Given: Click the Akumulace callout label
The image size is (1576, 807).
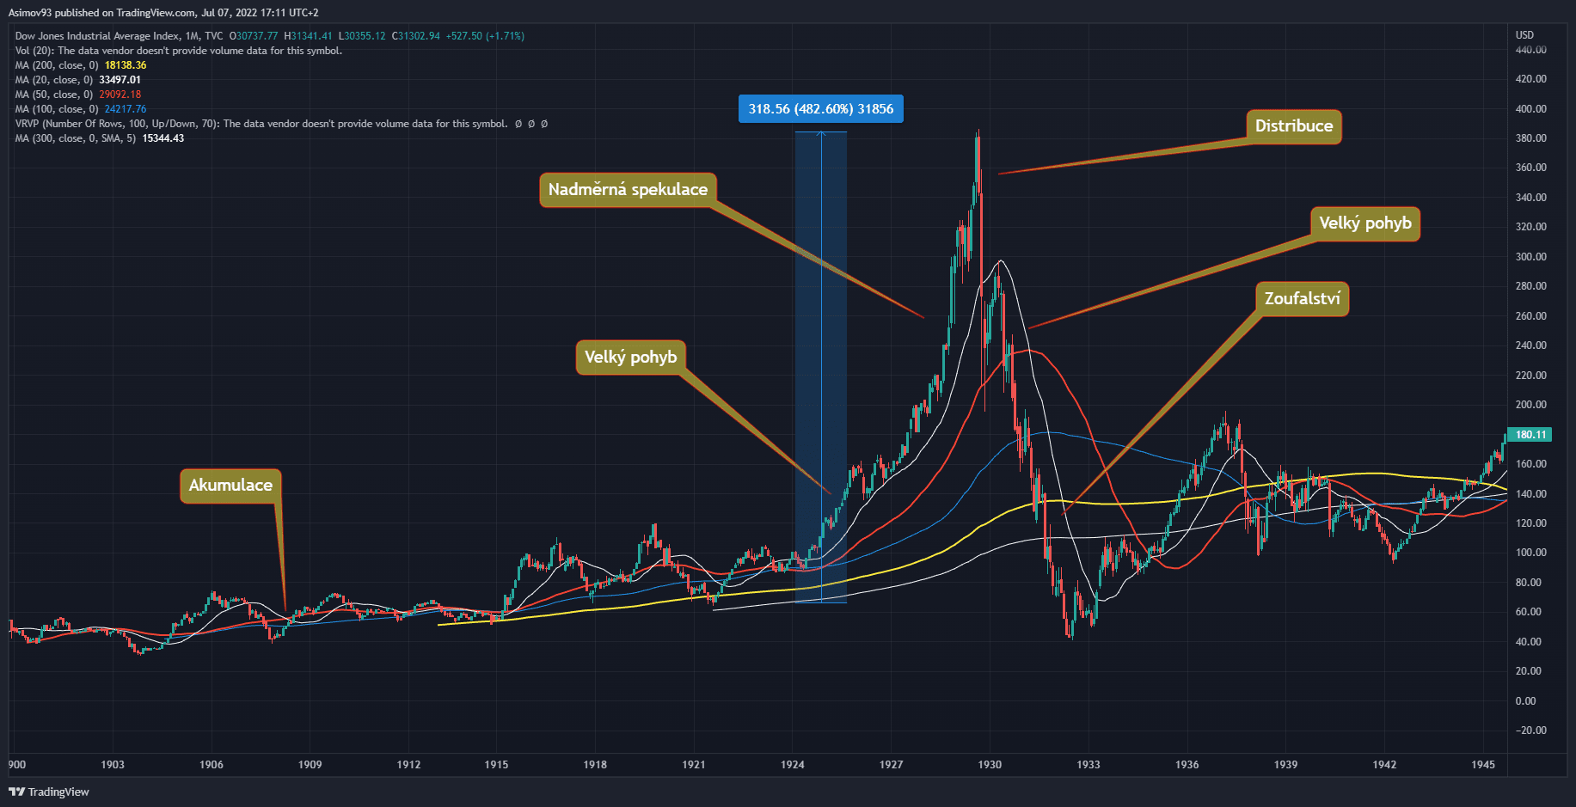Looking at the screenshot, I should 230,486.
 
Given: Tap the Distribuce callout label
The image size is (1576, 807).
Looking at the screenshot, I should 1293,126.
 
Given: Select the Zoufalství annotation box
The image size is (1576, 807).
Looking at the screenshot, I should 1302,299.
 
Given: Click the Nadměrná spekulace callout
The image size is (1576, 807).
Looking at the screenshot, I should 628,190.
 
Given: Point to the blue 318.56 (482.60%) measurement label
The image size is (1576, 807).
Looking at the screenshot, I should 820,109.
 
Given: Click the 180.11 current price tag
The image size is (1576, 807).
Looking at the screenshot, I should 1530,435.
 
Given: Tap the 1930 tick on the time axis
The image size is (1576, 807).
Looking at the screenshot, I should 990,765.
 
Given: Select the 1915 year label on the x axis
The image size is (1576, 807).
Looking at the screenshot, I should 496,765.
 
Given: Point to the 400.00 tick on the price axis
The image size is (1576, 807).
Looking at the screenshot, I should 1530,109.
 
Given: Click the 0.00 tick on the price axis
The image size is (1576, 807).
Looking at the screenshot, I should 1525,701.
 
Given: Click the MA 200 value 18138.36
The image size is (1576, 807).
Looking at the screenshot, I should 126,65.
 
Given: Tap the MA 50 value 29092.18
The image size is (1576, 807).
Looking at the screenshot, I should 120,95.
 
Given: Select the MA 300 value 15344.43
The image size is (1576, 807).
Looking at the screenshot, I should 163,138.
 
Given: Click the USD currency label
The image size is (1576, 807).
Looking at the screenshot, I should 1524,35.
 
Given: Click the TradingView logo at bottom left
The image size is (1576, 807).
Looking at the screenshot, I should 49,792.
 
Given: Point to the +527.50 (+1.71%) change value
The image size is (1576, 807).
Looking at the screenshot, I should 485,36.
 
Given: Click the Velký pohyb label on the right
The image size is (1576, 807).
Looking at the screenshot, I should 1364,223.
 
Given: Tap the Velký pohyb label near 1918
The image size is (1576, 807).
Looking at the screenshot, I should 630,358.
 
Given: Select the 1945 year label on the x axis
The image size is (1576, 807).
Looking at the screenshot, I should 1482,765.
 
